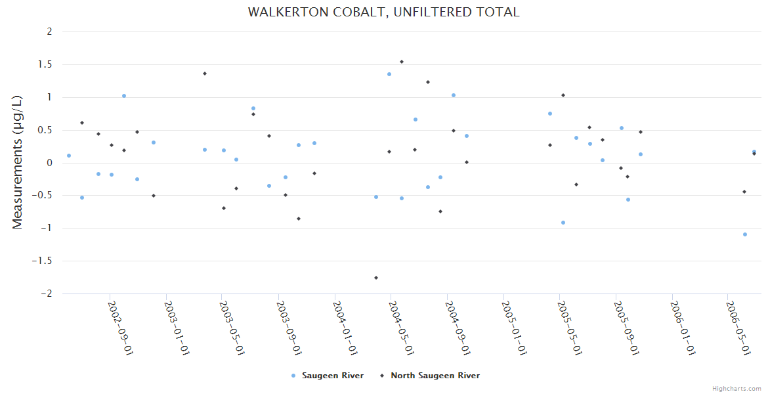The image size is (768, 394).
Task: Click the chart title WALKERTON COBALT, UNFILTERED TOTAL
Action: click(383, 12)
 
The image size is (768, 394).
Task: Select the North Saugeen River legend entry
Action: click(435, 376)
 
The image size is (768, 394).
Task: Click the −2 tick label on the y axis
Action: click(45, 294)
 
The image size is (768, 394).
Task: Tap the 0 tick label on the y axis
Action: click(49, 163)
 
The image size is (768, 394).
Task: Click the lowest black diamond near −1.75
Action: click(376, 278)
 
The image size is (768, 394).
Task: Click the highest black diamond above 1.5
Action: click(402, 62)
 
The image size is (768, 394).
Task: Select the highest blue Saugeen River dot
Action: click(389, 74)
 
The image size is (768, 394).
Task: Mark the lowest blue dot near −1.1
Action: click(745, 234)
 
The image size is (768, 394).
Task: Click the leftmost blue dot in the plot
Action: click(69, 156)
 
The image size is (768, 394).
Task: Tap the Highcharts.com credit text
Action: click(736, 389)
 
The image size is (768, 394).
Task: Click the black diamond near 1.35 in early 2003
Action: click(205, 74)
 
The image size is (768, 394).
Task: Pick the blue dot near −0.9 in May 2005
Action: click(563, 223)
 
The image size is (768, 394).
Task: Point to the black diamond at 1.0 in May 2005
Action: click(563, 95)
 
